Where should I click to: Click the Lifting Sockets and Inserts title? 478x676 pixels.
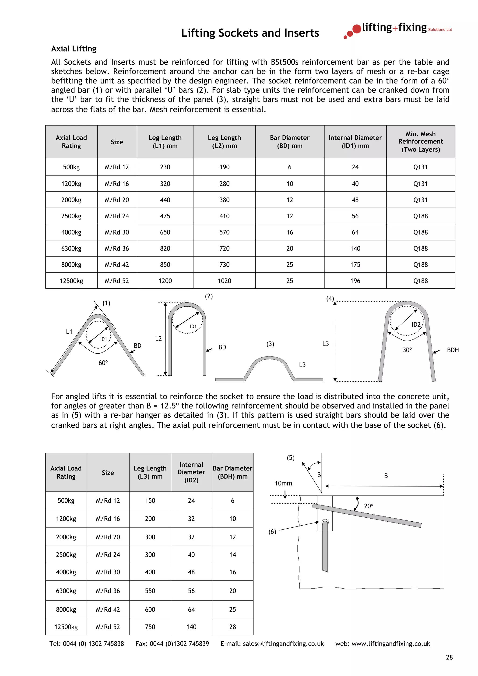250,33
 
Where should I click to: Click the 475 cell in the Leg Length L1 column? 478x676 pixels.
165,216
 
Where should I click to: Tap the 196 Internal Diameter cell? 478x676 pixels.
355,281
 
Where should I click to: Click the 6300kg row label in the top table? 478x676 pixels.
71,248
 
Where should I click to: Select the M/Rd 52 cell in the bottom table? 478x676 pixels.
108,627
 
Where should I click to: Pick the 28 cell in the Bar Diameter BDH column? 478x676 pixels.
232,627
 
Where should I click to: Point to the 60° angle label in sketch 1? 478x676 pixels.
103,363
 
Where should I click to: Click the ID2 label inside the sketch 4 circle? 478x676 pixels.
416,324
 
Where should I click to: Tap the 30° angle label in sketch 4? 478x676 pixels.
407,350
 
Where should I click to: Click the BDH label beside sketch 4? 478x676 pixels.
452,350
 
